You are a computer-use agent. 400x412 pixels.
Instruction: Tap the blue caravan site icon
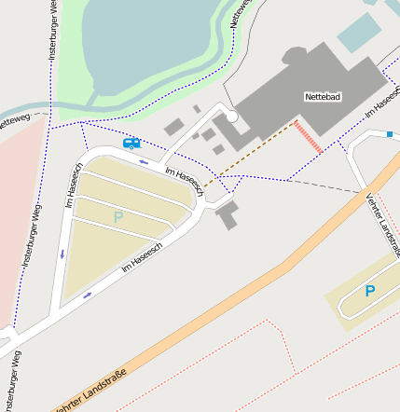coord(131,144)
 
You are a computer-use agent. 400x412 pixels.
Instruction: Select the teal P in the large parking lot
coord(117,217)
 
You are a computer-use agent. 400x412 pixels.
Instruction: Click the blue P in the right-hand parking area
coord(369,291)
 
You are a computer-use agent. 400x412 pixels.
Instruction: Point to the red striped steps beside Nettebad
coord(309,136)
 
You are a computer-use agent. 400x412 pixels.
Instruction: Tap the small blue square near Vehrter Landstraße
coord(389,135)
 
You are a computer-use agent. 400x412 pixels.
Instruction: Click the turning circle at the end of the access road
coord(231,117)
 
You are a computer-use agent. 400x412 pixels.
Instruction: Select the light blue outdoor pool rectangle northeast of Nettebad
coord(359,33)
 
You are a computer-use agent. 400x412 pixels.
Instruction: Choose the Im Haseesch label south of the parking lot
coord(142,257)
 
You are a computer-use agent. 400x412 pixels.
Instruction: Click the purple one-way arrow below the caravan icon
coord(143,162)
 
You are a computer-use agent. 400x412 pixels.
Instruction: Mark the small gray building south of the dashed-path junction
coord(227,216)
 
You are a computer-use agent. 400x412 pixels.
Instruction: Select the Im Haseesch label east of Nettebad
coord(382,101)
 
